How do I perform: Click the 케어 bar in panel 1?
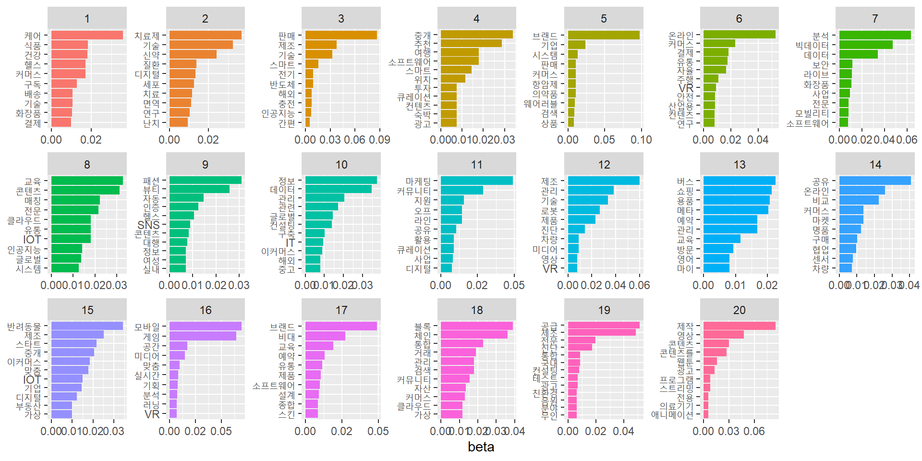click(86, 35)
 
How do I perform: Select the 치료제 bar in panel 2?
click(205, 35)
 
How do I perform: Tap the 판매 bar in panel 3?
click(341, 35)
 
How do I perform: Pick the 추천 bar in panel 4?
click(471, 43)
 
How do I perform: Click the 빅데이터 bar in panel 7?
click(865, 45)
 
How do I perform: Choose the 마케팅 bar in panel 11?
click(476, 181)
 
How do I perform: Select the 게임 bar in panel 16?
click(202, 336)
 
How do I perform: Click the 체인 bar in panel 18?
click(473, 334)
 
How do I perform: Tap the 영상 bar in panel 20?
click(723, 334)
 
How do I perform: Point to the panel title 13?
click(739, 165)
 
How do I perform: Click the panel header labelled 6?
click(739, 19)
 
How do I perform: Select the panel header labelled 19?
click(604, 310)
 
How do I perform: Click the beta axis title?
click(481, 447)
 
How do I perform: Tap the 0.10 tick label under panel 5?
click(641, 140)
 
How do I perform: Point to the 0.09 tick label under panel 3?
click(379, 140)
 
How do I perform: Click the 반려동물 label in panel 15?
click(24, 327)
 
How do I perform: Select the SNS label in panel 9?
click(148, 225)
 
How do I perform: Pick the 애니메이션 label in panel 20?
click(672, 414)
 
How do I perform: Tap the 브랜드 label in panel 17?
click(282, 327)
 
